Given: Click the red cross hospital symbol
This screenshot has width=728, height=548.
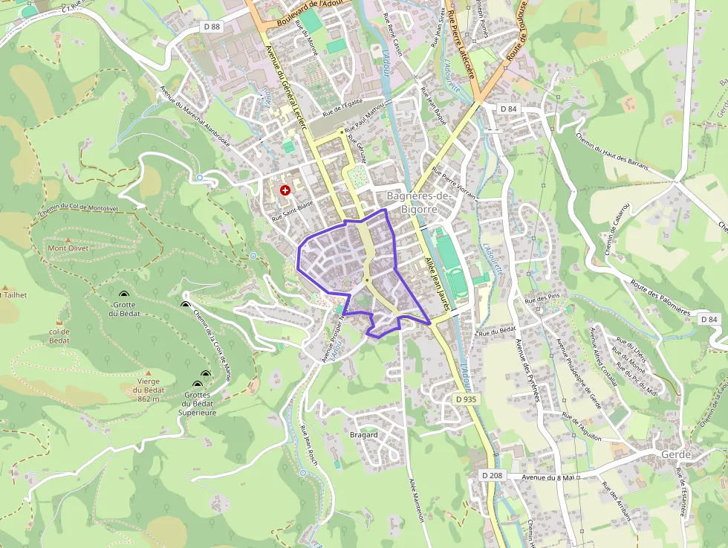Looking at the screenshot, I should click(x=285, y=190).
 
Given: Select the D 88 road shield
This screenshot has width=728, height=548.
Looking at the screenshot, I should click(x=212, y=27).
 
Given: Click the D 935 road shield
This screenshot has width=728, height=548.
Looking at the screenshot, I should click(x=466, y=399).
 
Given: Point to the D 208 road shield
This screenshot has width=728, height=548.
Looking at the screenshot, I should click(x=492, y=475).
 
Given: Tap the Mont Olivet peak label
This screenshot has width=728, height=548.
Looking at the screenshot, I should click(x=68, y=248).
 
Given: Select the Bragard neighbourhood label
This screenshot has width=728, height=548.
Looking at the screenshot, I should click(x=364, y=434).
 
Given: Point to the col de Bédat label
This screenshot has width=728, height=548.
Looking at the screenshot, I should click(x=59, y=336).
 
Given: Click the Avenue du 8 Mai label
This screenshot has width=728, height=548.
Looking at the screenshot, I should click(x=549, y=477).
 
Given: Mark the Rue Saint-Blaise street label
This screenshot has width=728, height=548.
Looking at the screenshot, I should click(x=292, y=210).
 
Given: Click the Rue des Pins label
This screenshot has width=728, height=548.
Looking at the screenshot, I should click(x=540, y=299).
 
